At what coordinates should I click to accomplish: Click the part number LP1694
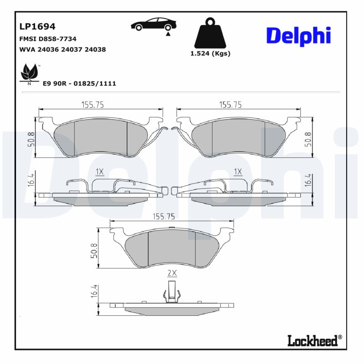37,27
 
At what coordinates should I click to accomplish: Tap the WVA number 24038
95,49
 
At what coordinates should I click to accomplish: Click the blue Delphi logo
298,36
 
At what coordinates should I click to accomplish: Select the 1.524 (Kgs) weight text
210,53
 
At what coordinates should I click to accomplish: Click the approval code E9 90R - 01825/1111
79,83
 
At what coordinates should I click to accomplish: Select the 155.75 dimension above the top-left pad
93,105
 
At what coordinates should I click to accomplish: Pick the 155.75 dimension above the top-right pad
231,105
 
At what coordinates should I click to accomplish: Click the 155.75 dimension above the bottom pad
165,217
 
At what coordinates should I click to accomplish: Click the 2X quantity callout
172,273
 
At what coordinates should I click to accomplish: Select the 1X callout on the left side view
100,172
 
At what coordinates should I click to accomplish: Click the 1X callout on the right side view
238,172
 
